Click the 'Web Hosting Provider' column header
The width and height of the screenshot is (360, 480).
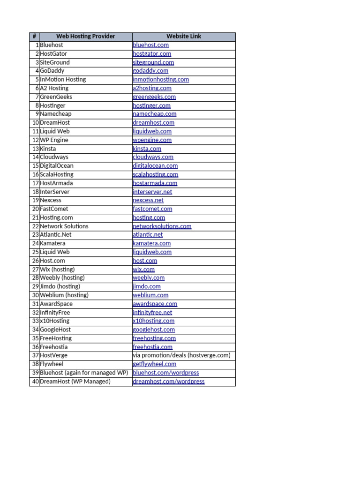coord(85,37)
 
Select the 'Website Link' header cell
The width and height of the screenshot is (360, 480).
coord(184,37)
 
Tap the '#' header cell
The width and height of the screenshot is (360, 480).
coord(34,37)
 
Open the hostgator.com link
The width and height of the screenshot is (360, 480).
coord(152,54)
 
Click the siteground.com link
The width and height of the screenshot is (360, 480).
coord(153,62)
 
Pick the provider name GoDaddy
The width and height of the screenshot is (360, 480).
coord(52,71)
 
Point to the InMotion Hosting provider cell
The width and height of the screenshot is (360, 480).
coord(63,80)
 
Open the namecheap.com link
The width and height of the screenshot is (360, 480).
coord(155,114)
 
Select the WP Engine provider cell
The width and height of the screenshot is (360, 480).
coord(54,140)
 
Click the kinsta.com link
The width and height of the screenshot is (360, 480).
coord(147,149)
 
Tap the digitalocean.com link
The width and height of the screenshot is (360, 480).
coord(155,165)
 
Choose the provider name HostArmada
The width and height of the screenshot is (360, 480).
coord(56,183)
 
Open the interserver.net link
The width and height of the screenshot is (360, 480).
coord(152,192)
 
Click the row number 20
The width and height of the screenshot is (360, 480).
coord(35,209)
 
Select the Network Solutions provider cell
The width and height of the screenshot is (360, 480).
coord(64,226)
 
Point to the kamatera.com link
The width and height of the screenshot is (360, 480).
coord(151,243)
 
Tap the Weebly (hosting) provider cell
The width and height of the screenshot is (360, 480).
coord(62,278)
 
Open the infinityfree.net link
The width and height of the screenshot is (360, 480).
coord(152,313)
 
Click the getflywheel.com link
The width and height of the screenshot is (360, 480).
coord(154,364)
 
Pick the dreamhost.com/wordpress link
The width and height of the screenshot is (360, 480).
coord(169,382)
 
